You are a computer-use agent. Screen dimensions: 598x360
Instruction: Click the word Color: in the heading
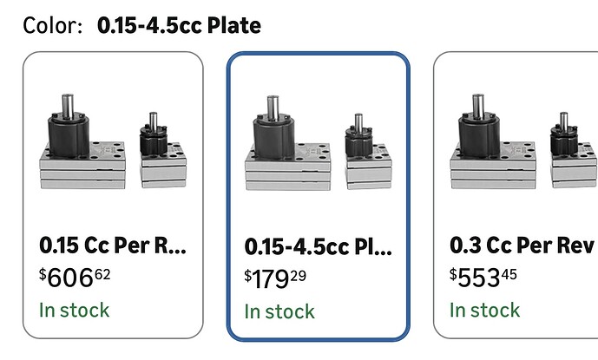point(53,26)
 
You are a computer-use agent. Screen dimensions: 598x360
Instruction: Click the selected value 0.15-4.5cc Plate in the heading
point(180,26)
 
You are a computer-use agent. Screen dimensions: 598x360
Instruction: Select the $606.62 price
point(75,278)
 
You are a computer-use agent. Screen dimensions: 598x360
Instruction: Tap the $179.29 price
point(275,278)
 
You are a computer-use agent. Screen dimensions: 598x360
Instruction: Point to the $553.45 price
point(483,278)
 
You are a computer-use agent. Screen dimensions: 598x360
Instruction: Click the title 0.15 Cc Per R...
point(113,245)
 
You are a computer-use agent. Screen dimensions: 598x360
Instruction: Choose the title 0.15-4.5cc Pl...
point(318,246)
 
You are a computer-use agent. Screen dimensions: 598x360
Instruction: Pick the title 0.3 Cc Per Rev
point(522,245)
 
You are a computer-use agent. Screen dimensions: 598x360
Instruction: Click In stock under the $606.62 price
point(75,310)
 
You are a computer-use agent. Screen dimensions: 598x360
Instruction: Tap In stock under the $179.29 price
point(279,311)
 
